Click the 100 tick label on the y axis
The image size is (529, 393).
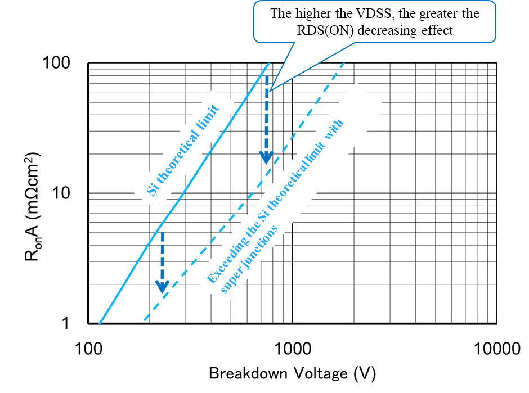[56, 63]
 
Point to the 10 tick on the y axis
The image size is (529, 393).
[61, 193]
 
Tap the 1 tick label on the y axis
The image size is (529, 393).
[65, 323]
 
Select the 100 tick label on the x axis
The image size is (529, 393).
[88, 348]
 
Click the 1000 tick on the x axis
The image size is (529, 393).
[293, 348]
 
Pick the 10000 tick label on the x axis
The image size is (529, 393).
[497, 348]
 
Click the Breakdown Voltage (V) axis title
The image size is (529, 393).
[292, 373]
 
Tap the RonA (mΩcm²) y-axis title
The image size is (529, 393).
[33, 207]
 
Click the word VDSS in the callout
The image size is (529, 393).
[374, 13]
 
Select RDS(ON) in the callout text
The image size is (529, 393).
[325, 30]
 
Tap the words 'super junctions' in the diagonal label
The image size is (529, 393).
[249, 259]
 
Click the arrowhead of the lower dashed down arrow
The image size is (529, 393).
[162, 287]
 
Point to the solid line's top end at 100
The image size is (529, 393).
[269, 63]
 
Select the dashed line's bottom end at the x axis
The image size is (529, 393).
[145, 320]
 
